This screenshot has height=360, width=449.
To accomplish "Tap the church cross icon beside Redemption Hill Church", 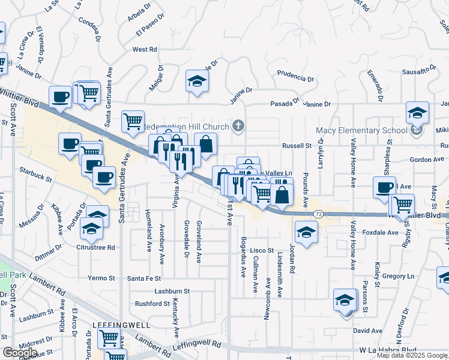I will point(239,126).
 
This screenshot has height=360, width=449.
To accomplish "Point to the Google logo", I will point(20,353).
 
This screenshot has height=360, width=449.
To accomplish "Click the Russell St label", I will point(297,146).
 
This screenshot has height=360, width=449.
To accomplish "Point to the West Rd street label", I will point(144,50).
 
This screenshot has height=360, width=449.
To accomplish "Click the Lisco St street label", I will point(262,250).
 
